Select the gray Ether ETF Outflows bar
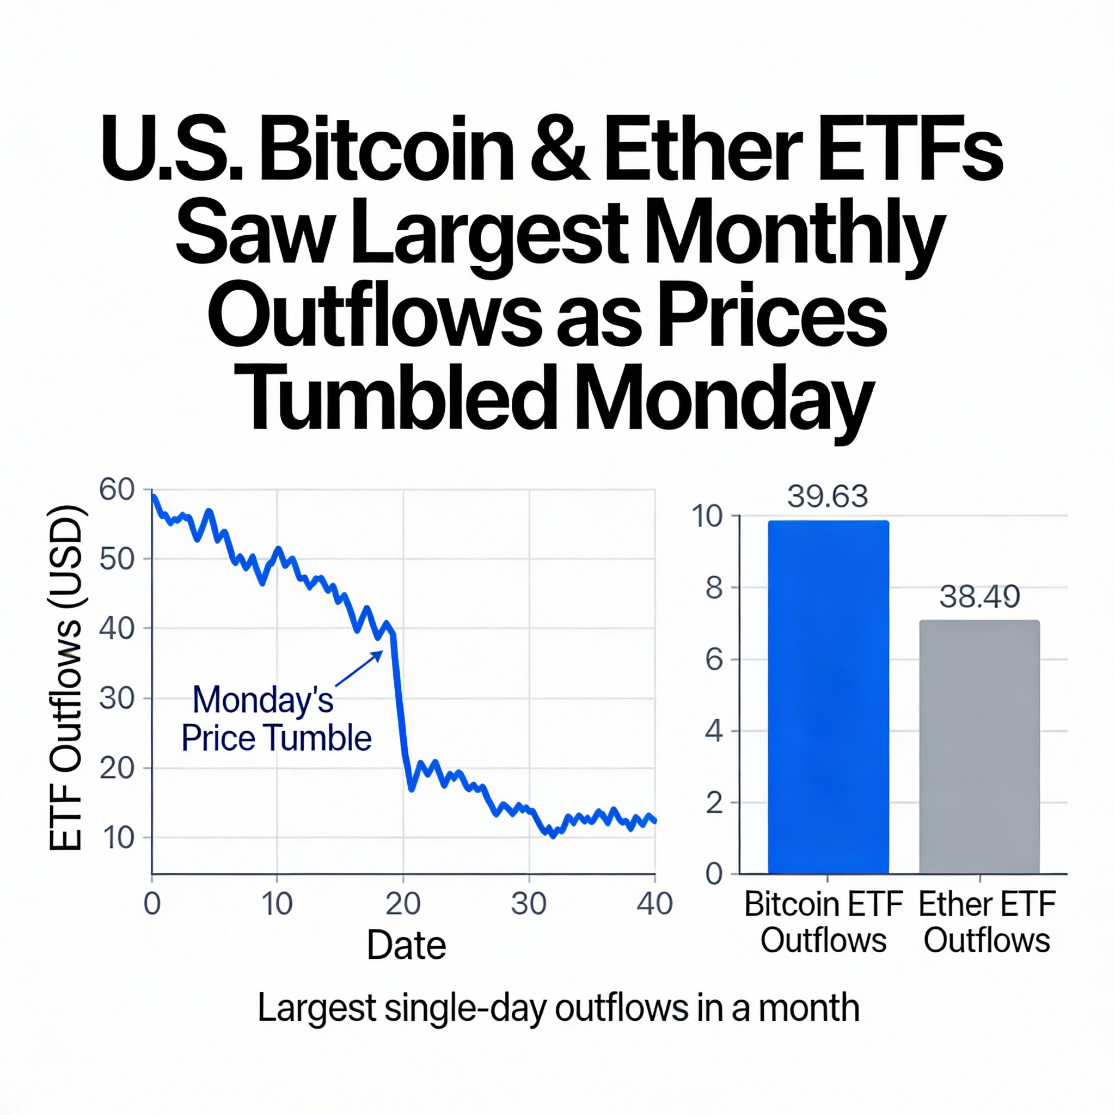tap(979, 747)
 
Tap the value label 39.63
tap(828, 497)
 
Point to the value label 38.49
tap(979, 596)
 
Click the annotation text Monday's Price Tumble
tap(276, 719)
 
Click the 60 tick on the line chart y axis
tap(117, 490)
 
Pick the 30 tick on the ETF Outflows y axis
tap(117, 699)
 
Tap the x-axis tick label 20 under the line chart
tap(403, 904)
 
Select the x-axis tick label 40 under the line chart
tap(654, 904)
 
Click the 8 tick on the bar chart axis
tap(714, 588)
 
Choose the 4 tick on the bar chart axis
tap(714, 731)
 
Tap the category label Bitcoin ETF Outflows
tap(823, 922)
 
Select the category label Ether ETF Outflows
tap(987, 922)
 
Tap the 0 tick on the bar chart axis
tap(714, 874)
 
